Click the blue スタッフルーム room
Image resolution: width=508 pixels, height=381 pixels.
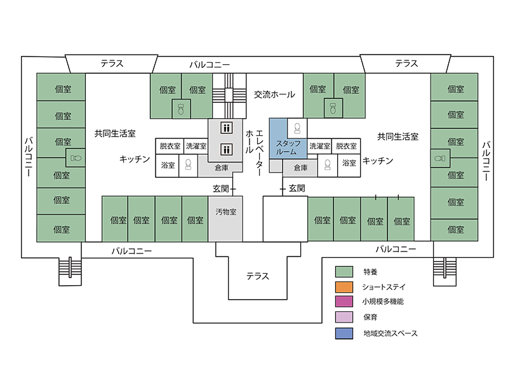(x=288, y=147)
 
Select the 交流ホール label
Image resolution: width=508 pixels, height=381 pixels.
(x=274, y=95)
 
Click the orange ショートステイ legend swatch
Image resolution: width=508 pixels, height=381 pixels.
(x=344, y=286)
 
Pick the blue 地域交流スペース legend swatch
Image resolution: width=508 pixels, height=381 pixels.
(x=344, y=333)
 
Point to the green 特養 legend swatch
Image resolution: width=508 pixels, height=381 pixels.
(x=344, y=271)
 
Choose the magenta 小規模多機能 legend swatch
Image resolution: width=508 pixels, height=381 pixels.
(x=344, y=302)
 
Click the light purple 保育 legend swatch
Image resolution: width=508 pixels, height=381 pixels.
(x=344, y=317)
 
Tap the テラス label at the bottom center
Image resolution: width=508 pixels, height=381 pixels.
(x=258, y=276)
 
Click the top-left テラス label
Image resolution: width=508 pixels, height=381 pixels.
(x=112, y=63)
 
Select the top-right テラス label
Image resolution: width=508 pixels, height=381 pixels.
(x=406, y=63)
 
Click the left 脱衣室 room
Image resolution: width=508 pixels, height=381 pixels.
(x=170, y=146)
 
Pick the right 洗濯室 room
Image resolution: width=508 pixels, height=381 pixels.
(x=319, y=146)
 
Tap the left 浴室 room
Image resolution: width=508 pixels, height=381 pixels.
(x=168, y=164)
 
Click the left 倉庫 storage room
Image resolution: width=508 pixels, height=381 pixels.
(x=221, y=168)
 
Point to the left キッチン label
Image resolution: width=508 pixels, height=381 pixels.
(x=134, y=159)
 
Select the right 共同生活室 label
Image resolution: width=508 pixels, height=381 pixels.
(x=398, y=136)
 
